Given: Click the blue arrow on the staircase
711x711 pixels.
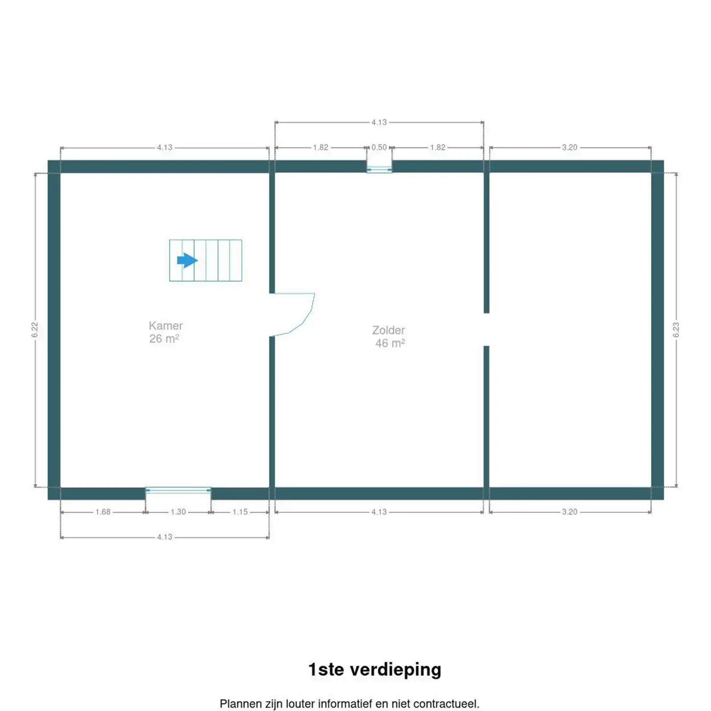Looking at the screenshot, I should click(x=187, y=260).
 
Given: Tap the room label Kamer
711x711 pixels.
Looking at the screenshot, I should click(x=166, y=326).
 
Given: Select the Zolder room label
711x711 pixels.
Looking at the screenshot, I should click(x=388, y=330).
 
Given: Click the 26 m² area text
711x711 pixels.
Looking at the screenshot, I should click(x=164, y=339).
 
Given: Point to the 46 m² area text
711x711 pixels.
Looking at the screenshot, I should click(x=390, y=343).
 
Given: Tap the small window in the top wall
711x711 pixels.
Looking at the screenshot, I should click(x=379, y=168).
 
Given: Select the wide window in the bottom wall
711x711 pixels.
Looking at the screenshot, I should click(x=178, y=490).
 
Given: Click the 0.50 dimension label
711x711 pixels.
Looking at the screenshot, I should click(x=379, y=147).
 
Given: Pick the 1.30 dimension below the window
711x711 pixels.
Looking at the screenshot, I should click(x=178, y=512).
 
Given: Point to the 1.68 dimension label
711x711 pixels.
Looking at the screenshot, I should click(x=103, y=512).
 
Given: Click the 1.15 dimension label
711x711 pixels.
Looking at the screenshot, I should click(x=240, y=512).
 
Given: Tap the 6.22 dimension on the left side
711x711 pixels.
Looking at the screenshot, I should click(x=35, y=330).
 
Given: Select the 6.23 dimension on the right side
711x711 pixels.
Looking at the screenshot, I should click(x=676, y=330).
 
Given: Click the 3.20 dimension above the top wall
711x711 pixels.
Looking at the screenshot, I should click(x=570, y=147).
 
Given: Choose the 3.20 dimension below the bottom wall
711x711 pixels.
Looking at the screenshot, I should click(x=570, y=512).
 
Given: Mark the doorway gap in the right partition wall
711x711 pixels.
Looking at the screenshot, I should click(x=487, y=329).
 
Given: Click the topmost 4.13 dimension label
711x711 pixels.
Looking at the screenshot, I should click(x=379, y=122).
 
